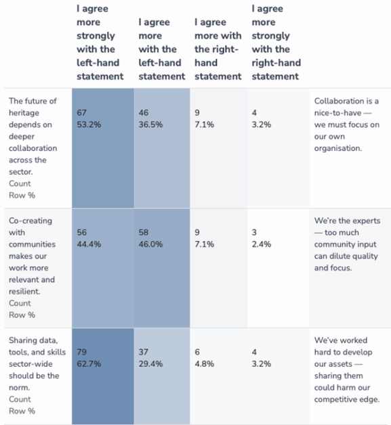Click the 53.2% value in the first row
click(89, 125)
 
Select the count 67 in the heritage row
click(82, 113)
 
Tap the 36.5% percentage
click(150, 125)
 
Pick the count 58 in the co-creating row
click(144, 232)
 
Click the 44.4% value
click(89, 244)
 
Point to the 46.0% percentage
click(150, 244)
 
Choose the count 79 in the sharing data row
click(82, 352)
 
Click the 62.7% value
click(89, 363)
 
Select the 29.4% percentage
click(150, 363)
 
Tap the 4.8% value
click(205, 363)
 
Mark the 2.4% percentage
click(262, 244)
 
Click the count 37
click(144, 352)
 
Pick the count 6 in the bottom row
click(197, 352)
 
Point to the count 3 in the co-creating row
click(254, 232)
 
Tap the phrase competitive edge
click(347, 399)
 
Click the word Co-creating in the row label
click(30, 221)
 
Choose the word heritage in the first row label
click(24, 113)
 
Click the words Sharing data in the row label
click(33, 340)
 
